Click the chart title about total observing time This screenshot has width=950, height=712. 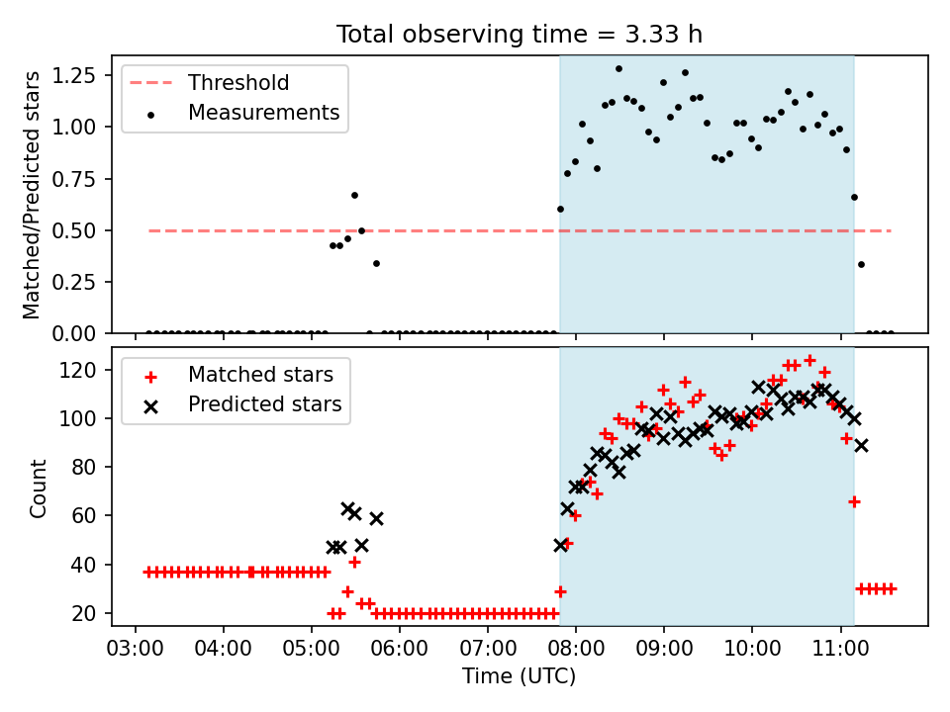click(520, 35)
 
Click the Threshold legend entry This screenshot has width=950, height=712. click(209, 83)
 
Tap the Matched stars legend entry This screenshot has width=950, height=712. click(238, 375)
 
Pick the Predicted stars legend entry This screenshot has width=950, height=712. click(242, 404)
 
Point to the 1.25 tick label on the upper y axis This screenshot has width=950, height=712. click(74, 76)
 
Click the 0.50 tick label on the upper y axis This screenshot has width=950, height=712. click(74, 230)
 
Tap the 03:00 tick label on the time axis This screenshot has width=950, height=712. click(136, 649)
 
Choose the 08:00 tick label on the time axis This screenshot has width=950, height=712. click(576, 649)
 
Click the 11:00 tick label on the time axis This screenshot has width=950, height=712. click(840, 649)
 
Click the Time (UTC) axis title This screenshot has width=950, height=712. click(520, 676)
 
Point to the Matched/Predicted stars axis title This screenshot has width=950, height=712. click(32, 195)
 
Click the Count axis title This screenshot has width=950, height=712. click(38, 489)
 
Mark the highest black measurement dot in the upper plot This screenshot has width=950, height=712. click(618, 69)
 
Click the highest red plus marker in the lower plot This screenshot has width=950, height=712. click(809, 361)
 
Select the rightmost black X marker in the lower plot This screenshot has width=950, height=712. click(861, 446)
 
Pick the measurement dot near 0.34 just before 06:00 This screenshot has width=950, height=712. click(376, 263)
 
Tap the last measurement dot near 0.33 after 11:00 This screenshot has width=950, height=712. click(861, 265)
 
